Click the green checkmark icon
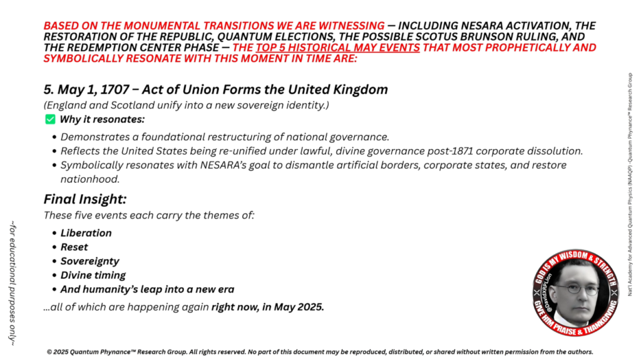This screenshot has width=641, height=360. [x=50, y=120]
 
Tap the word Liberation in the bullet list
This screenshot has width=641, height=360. [x=86, y=233]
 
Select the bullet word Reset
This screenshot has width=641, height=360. [x=74, y=247]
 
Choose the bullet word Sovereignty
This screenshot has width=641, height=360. [x=90, y=261]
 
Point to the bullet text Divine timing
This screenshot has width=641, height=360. [x=93, y=275]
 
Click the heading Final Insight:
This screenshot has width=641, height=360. [x=85, y=200]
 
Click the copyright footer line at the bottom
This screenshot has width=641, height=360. [x=320, y=351]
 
